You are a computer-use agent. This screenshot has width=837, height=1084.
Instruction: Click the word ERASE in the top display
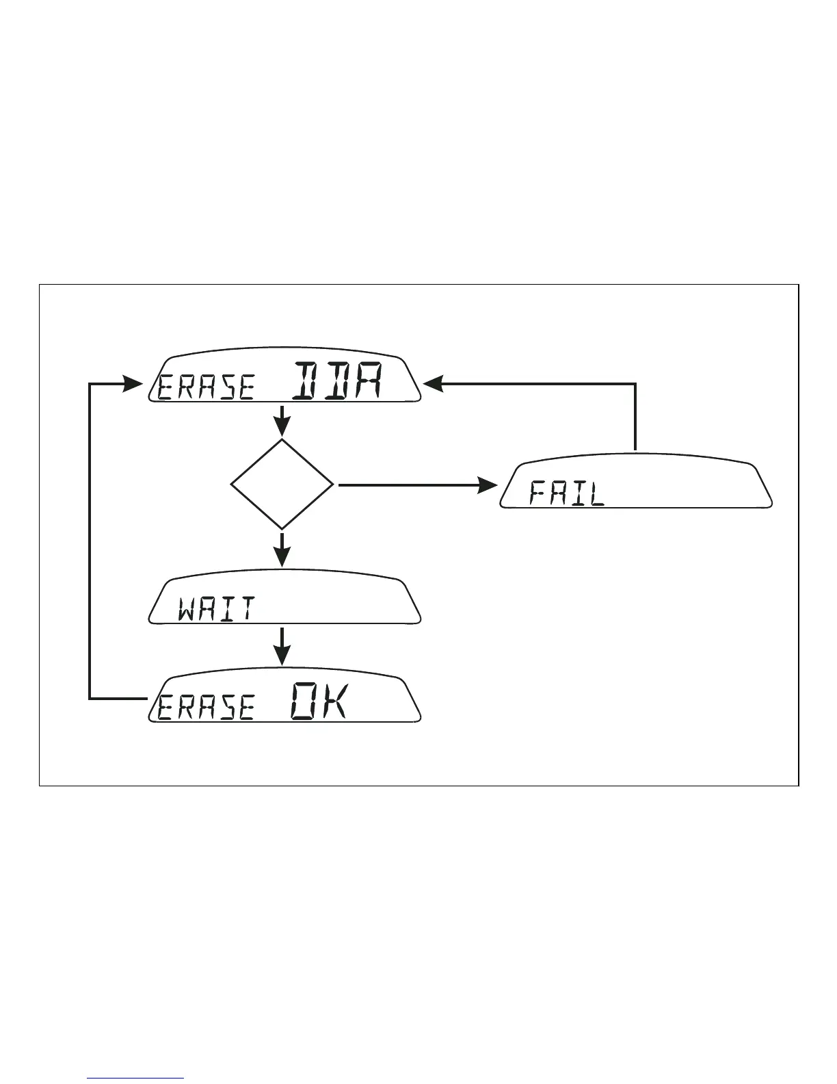point(206,387)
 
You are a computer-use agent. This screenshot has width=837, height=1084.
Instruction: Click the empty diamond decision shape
point(282,485)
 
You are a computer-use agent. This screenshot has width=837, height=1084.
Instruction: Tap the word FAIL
point(568,493)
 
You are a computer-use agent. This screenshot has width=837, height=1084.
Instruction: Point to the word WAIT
point(217,608)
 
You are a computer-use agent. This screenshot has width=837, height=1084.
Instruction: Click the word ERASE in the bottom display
point(206,708)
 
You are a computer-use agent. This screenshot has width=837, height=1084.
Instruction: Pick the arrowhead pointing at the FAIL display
point(488,485)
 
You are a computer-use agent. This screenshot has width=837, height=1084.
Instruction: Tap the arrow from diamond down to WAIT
point(282,550)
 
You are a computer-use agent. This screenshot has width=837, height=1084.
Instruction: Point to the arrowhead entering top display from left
point(134,384)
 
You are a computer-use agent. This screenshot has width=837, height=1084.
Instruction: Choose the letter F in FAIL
point(539,493)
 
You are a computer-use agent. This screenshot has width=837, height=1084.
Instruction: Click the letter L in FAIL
point(597,493)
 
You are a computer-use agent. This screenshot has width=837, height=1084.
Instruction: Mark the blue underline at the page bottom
point(135,1079)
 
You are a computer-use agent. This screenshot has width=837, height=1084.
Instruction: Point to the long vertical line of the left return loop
point(90,541)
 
